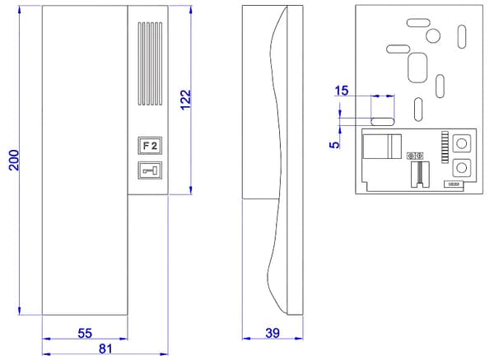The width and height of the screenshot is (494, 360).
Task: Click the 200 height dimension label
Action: tap(14, 160)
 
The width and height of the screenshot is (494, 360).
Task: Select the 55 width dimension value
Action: tap(85, 333)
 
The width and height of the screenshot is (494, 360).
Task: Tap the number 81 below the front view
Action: tap(105, 348)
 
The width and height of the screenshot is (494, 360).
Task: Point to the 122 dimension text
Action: tap(186, 100)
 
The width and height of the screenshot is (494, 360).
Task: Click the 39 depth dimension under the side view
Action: tap(273, 333)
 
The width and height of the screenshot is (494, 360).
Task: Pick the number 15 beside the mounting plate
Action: tap(342, 91)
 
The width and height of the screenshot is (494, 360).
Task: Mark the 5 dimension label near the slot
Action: tap(334, 145)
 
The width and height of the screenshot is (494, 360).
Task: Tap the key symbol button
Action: tap(150, 171)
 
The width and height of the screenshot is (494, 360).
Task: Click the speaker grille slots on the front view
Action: tap(150, 63)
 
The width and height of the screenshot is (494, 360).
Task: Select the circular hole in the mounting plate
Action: tap(433, 35)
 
